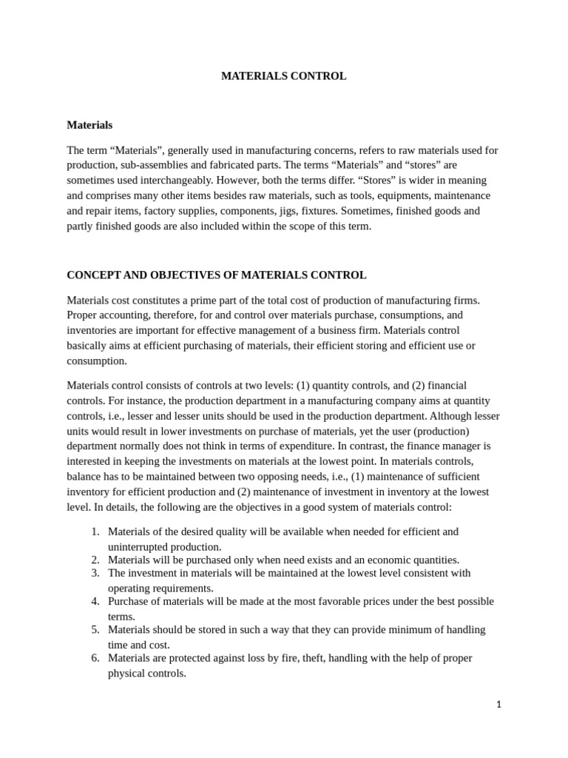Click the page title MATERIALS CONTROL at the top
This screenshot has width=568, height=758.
pos(283,76)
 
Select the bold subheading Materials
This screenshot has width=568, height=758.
pos(89,125)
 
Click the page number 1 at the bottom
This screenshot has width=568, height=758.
pos(498,705)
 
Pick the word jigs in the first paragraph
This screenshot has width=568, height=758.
pos(308,210)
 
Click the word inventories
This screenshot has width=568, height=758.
pos(93,329)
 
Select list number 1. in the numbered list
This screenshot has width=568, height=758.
pos(95,531)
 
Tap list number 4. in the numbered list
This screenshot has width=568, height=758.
pos(95,601)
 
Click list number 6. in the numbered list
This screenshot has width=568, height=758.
pos(95,657)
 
